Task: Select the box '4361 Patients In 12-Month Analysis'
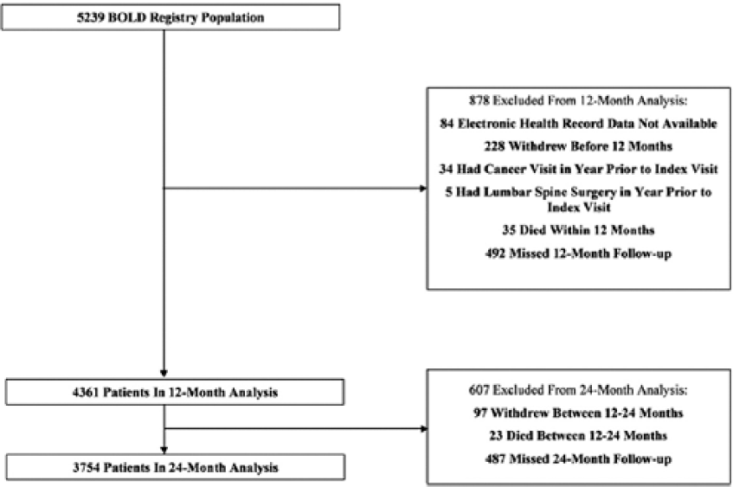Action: pyautogui.click(x=175, y=392)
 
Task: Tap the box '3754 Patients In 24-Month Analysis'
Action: pyautogui.click(x=176, y=467)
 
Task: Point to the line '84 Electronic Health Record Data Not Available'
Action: pyautogui.click(x=578, y=124)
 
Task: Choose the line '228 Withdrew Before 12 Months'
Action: pyautogui.click(x=578, y=146)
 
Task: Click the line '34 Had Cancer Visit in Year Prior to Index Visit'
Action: pyautogui.click(x=578, y=169)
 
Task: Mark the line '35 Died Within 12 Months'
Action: pyautogui.click(x=578, y=230)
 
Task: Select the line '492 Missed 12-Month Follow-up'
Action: pyautogui.click(x=578, y=253)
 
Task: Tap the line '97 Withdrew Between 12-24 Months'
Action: pyautogui.click(x=578, y=413)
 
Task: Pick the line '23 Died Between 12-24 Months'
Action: pyautogui.click(x=578, y=436)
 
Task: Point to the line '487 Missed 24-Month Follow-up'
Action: pyautogui.click(x=578, y=459)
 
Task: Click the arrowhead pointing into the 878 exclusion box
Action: pyautogui.click(x=423, y=189)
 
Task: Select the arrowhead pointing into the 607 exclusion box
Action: pyautogui.click(x=424, y=428)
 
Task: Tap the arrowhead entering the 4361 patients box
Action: pyautogui.click(x=164, y=373)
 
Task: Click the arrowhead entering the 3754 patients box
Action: pyautogui.click(x=164, y=450)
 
